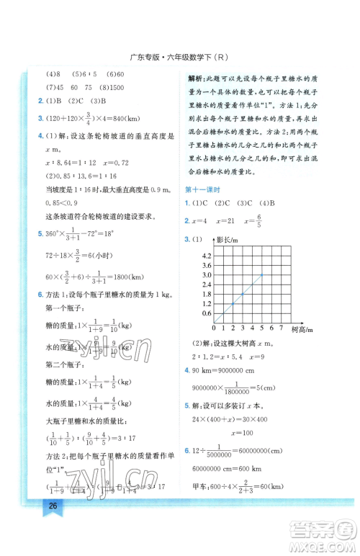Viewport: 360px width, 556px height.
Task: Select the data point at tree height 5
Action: (x=263, y=274)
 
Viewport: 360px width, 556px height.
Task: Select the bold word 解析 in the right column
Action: (x=197, y=79)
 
